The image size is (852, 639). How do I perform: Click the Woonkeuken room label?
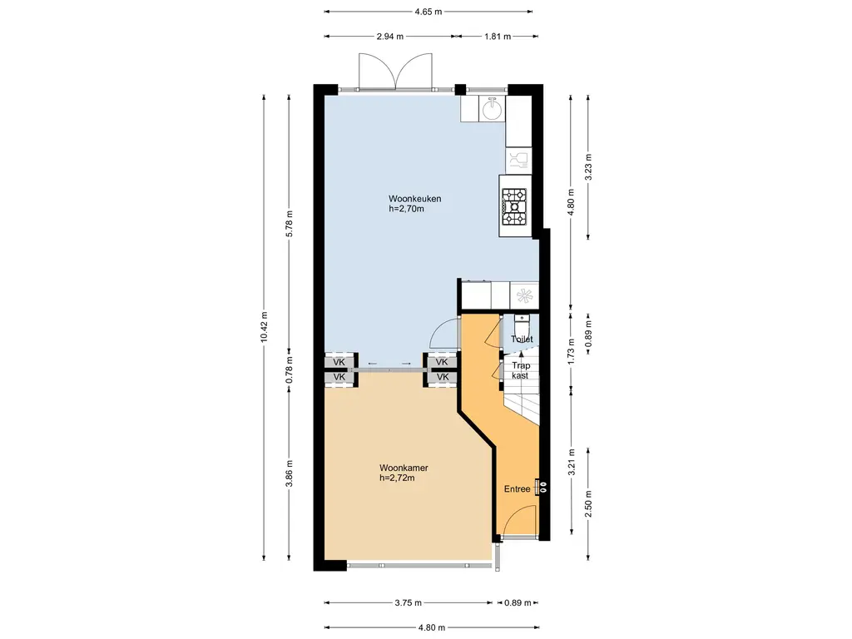(x=414, y=199)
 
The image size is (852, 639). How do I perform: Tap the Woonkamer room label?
(x=404, y=468)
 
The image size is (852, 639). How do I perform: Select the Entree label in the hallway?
(x=517, y=489)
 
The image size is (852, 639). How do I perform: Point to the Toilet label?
(x=522, y=339)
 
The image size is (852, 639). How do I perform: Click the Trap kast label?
(x=521, y=370)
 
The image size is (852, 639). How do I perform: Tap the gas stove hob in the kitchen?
(x=514, y=207)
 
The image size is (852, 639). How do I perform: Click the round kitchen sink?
(x=493, y=109)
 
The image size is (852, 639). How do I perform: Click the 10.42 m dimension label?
(x=264, y=326)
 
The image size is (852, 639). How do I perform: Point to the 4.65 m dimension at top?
(x=428, y=12)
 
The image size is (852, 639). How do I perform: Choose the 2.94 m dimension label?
(x=390, y=37)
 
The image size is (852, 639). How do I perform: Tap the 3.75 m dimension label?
(x=408, y=602)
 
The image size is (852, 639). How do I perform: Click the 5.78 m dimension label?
(x=290, y=223)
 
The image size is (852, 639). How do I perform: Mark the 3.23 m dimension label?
(x=588, y=166)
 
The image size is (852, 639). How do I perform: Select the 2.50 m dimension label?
(x=588, y=503)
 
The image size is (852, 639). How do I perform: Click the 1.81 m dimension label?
(x=498, y=37)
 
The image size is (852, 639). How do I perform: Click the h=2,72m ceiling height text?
(x=397, y=478)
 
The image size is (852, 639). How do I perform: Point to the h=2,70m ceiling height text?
(x=406, y=209)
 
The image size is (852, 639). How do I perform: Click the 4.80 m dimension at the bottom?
(x=432, y=627)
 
